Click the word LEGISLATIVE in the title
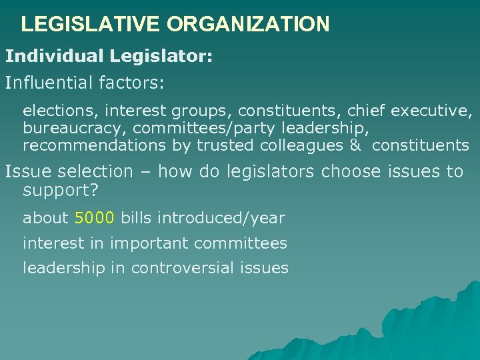coord(91,25)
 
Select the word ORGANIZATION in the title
coord(248,25)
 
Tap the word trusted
coord(225,145)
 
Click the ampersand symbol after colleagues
coord(355,145)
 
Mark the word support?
coord(61,190)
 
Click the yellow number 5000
coord(95,218)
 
